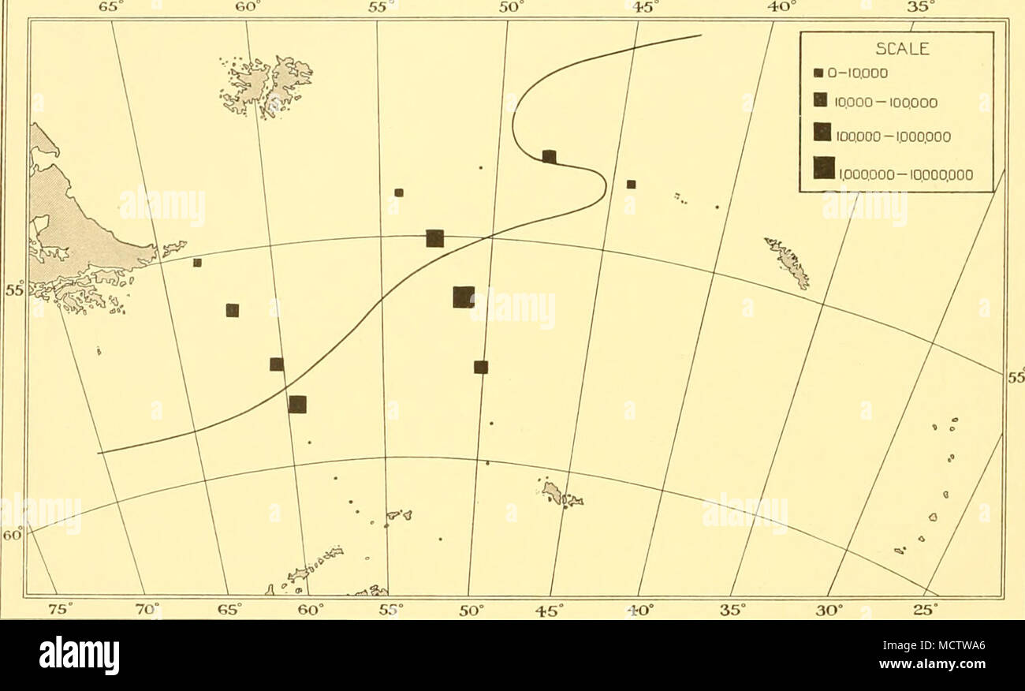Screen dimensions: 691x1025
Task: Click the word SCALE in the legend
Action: (x=897, y=49)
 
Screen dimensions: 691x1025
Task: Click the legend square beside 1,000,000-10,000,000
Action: (x=824, y=168)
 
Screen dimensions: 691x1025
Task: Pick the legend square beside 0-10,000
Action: (x=819, y=73)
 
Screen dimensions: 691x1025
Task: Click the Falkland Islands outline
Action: (x=268, y=85)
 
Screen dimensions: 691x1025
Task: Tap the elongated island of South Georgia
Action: (x=788, y=262)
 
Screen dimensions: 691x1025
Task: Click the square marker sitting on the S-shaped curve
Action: (x=550, y=156)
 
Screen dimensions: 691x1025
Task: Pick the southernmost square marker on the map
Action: (x=297, y=405)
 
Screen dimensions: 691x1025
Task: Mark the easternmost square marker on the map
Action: (x=631, y=185)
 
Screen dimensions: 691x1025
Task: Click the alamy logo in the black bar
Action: (x=79, y=655)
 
